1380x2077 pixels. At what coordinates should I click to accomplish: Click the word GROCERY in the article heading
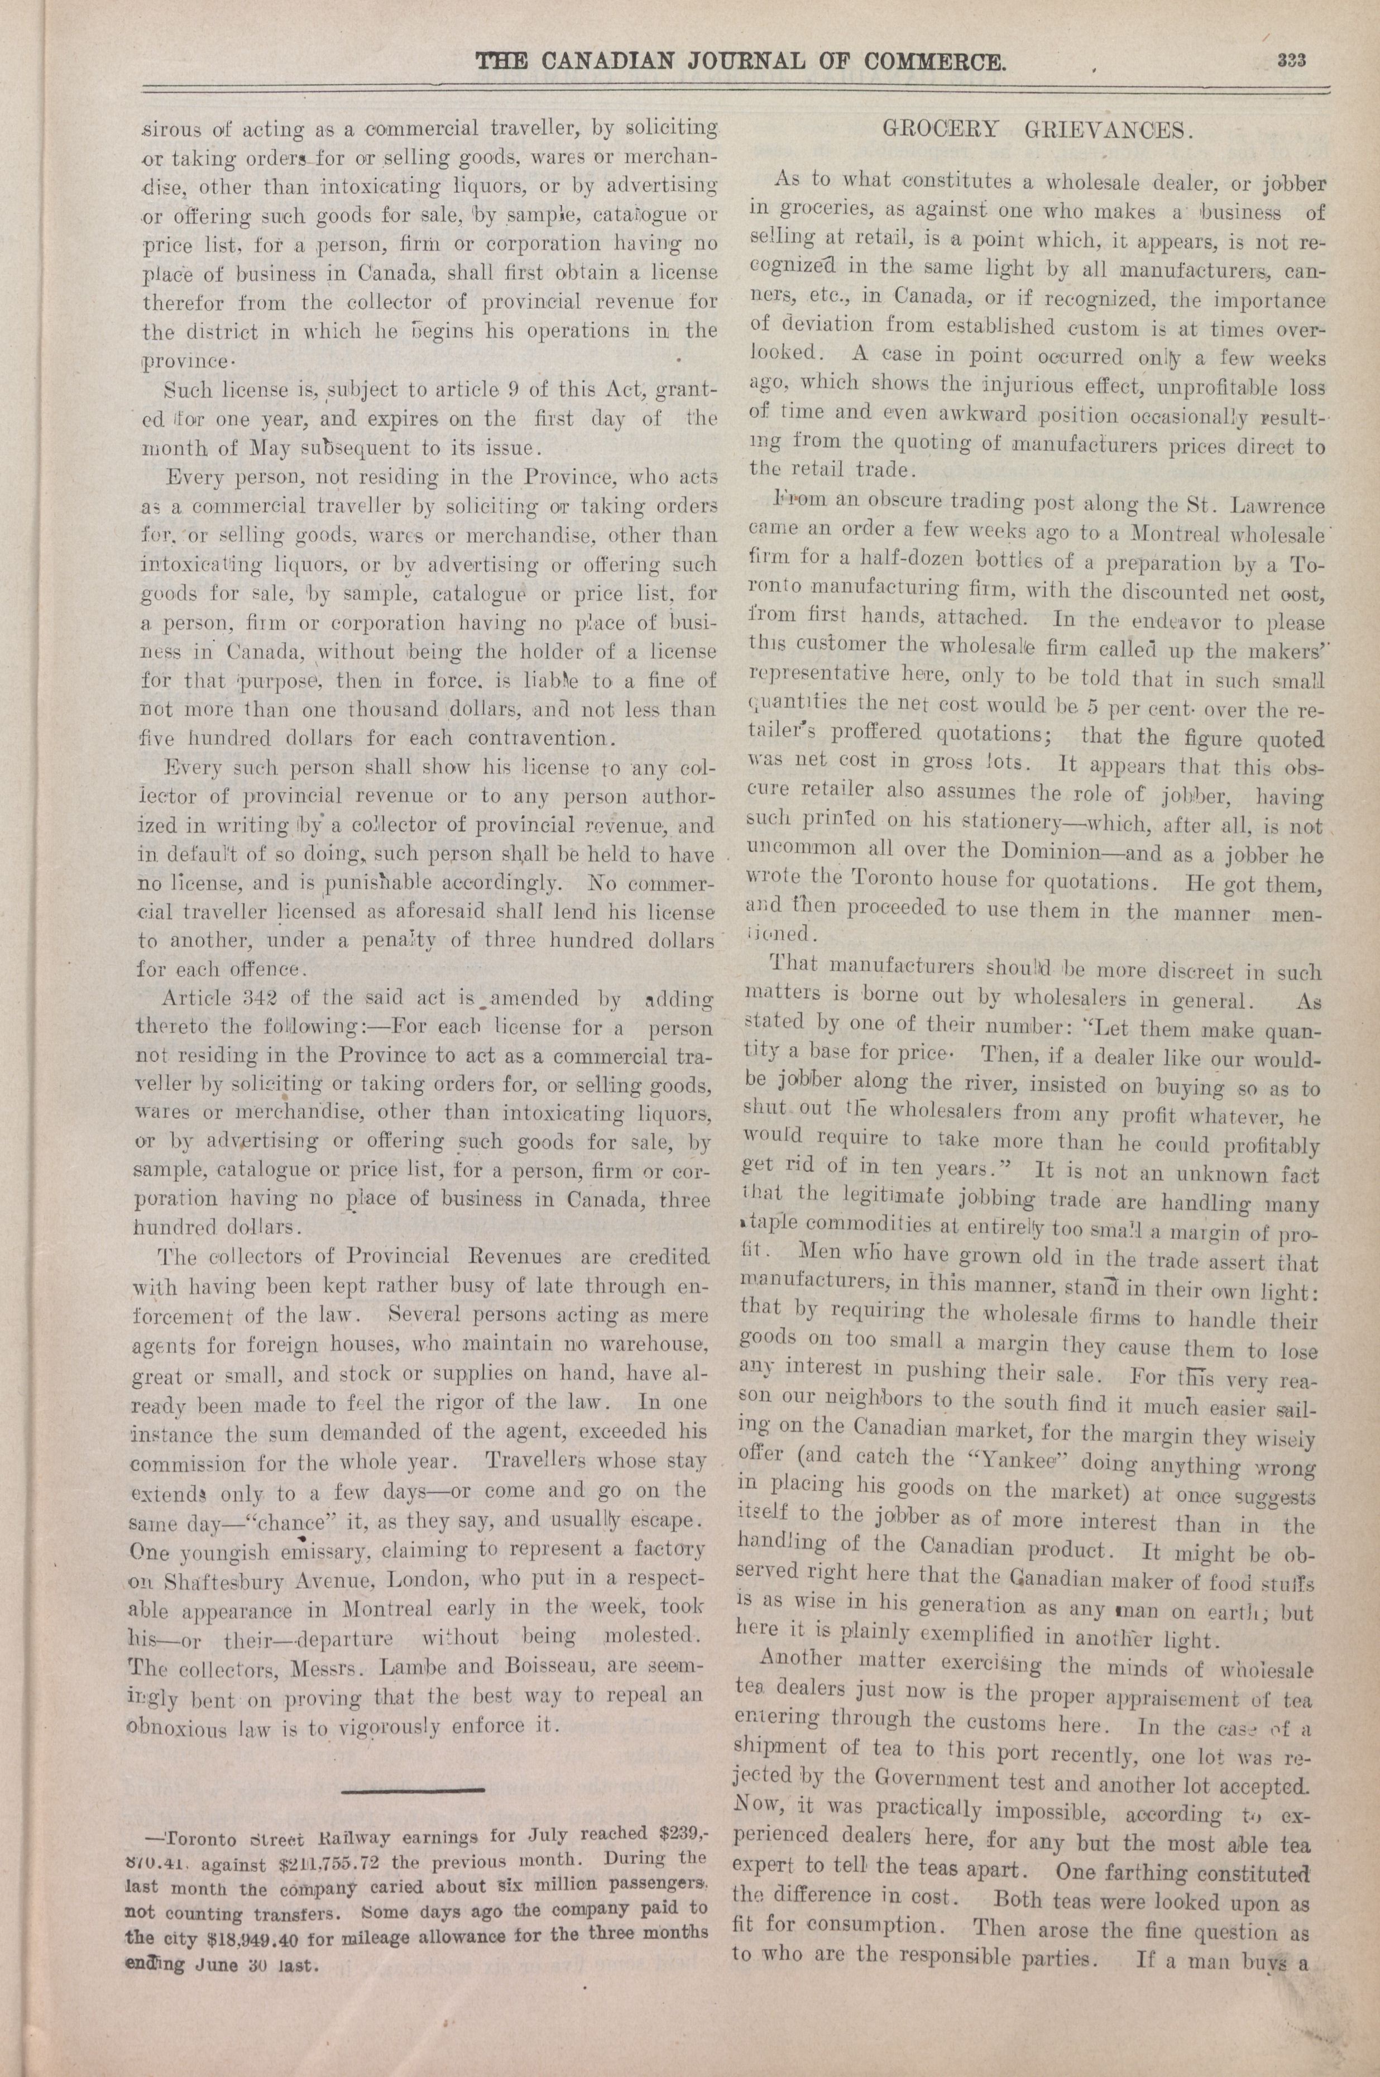[940, 130]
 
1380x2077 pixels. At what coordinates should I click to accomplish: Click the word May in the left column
[269, 448]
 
